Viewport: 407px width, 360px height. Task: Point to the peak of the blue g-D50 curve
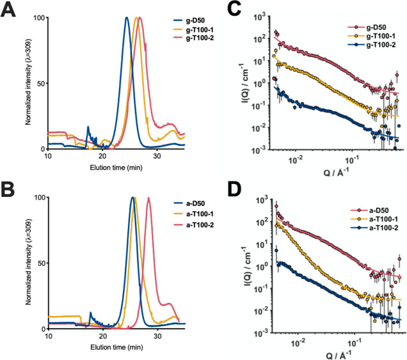point(127,18)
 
